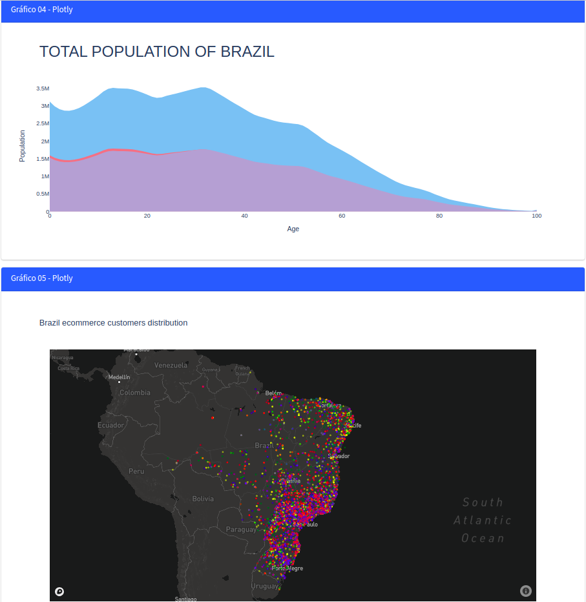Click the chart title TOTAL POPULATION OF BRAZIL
point(157,52)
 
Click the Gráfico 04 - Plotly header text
point(41,10)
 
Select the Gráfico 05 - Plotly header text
point(41,278)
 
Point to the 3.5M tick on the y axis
point(43,88)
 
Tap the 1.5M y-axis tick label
point(43,159)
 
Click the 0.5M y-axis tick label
point(43,194)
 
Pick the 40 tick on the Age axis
point(244,216)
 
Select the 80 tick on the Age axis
point(439,216)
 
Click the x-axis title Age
point(293,229)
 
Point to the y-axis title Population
point(22,146)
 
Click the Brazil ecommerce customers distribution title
point(113,322)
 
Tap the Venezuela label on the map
point(171,365)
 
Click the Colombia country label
point(134,393)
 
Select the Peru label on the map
point(136,471)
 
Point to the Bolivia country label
point(203,499)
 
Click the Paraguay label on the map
point(241,530)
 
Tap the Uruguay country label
point(264,586)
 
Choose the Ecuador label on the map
point(110,425)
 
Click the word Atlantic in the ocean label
point(483,520)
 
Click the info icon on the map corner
point(525,590)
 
